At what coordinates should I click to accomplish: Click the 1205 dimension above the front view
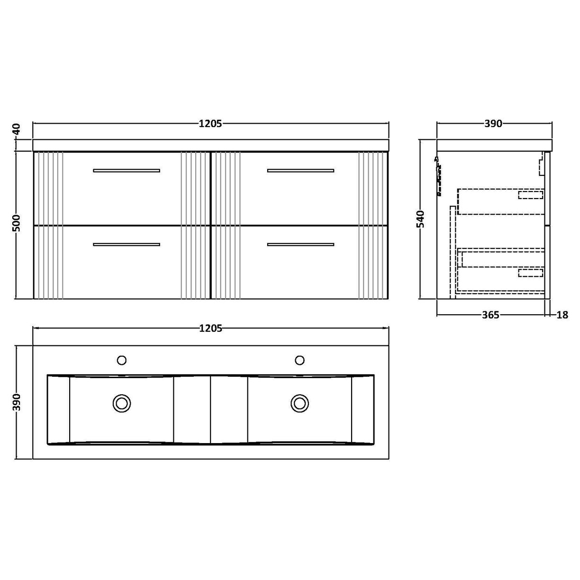pos(210,124)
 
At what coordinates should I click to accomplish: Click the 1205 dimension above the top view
pos(210,328)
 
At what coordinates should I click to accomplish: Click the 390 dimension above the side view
pos(493,124)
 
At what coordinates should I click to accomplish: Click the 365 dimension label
pos(490,315)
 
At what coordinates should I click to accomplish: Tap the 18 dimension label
pos(562,315)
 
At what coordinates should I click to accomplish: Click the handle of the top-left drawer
pos(127,170)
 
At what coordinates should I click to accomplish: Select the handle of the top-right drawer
pos(300,170)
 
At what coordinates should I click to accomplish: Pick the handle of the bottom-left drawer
pos(127,245)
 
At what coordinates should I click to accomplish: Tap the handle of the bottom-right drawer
pos(300,245)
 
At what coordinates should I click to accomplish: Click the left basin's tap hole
pos(122,361)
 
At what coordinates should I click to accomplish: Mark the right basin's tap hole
pos(299,361)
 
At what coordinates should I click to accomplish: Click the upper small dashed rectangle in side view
pos(530,194)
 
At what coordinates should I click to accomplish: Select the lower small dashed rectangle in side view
pos(530,272)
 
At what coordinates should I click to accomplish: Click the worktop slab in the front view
pos(210,145)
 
